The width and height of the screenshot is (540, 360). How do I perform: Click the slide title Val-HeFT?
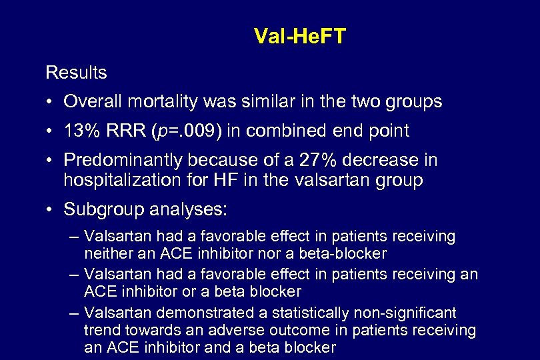pyautogui.click(x=300, y=36)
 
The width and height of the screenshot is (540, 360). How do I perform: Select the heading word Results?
pyautogui.click(x=76, y=71)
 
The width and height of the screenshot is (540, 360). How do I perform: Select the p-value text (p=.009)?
pyautogui.click(x=189, y=131)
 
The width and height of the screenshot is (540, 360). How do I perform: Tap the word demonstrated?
pyautogui.click(x=193, y=313)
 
